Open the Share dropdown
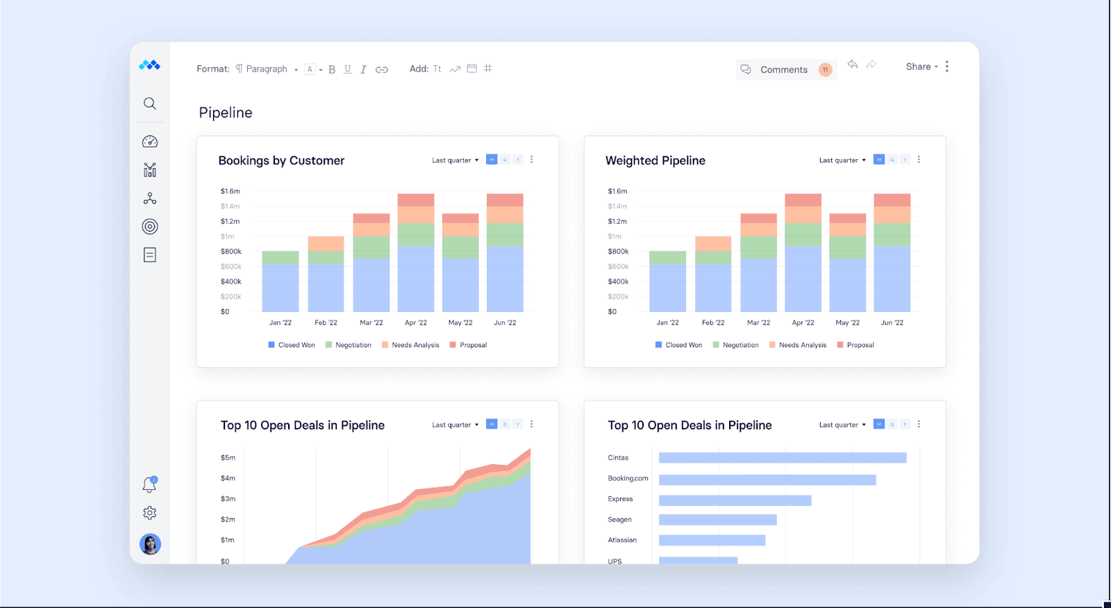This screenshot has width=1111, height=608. tap(921, 67)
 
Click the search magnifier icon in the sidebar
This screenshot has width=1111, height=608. tap(150, 104)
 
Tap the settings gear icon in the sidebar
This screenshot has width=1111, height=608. tap(150, 513)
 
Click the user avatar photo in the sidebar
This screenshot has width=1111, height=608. tap(150, 544)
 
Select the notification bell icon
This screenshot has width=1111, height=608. tap(149, 485)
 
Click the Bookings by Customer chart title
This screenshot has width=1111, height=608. tap(281, 161)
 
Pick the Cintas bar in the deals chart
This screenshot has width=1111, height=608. tap(783, 458)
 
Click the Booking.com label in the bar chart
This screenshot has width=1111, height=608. tap(628, 478)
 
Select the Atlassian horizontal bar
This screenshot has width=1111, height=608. tap(712, 540)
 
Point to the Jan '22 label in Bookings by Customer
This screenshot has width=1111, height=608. tap(281, 322)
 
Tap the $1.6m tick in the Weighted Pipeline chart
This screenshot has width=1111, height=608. tap(617, 191)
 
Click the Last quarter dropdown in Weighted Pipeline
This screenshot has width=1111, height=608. tap(842, 161)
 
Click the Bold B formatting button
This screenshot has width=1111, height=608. tap(332, 69)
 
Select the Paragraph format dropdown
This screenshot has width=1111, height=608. tap(267, 69)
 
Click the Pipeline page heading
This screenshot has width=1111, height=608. tap(226, 113)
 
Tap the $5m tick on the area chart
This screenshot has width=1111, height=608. tap(228, 458)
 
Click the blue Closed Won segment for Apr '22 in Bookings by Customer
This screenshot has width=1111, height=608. tap(416, 279)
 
